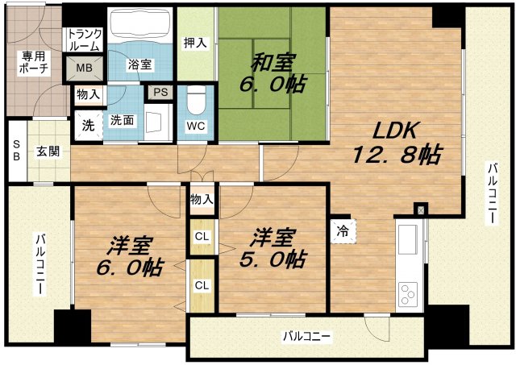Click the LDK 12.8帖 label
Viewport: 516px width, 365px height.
(396, 143)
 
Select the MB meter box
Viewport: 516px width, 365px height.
(84, 68)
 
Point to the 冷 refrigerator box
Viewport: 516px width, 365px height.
(342, 230)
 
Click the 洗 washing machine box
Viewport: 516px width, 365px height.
(87, 124)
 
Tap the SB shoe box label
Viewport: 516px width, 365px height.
(15, 151)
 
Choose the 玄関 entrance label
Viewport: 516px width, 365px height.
(48, 150)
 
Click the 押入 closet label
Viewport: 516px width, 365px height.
(195, 43)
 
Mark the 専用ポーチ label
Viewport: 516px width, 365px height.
(33, 63)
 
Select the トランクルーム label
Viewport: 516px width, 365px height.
(84, 40)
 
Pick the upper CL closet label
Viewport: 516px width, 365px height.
(203, 236)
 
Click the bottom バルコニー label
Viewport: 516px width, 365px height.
(306, 336)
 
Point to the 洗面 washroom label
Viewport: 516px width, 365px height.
(122, 121)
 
